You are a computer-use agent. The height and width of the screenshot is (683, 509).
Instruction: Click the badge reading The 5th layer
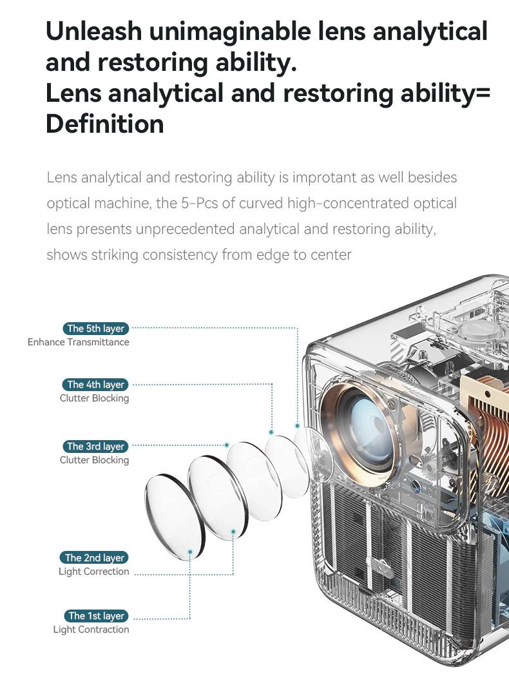(x=96, y=329)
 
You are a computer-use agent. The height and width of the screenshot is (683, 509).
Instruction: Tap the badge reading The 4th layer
(x=96, y=385)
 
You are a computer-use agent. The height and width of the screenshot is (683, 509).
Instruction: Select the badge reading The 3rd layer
(x=96, y=447)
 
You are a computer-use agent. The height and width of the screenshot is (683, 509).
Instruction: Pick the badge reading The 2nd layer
(x=95, y=558)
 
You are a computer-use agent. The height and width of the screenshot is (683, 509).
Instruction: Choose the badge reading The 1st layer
(x=97, y=616)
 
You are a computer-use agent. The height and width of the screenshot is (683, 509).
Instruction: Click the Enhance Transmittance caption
(x=78, y=342)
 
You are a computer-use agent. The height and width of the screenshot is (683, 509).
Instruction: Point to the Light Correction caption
(x=93, y=572)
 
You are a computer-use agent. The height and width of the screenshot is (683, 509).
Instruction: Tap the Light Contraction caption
(x=91, y=630)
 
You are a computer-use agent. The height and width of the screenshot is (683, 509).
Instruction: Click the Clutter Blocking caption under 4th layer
(x=94, y=398)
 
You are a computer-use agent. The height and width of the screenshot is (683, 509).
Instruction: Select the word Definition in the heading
(x=104, y=123)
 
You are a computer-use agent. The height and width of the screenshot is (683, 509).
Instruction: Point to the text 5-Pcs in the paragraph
(x=199, y=204)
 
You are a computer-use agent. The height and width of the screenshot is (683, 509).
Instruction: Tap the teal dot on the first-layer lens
(x=190, y=552)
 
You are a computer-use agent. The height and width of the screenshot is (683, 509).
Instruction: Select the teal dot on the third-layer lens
(x=227, y=445)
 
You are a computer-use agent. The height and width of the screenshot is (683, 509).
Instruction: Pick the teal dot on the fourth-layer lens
(x=271, y=432)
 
